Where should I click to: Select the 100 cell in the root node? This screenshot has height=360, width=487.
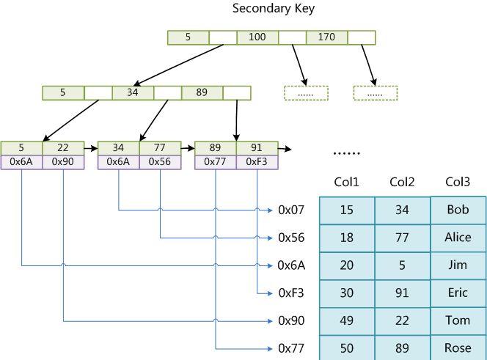tap(257, 37)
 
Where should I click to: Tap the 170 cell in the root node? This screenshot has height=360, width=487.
tap(326, 37)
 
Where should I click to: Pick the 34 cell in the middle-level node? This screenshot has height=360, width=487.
tap(133, 93)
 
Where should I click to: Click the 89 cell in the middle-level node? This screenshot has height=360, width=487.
tap(202, 93)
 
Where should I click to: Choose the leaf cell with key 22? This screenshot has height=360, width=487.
tap(63, 148)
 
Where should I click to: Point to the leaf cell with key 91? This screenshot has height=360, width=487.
tap(257, 148)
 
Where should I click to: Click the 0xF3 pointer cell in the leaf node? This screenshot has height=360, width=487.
tap(257, 162)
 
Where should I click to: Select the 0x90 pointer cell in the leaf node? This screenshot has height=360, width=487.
tap(63, 162)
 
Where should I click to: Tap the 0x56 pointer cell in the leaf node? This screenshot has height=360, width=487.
tap(160, 162)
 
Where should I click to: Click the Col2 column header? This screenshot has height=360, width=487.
tap(402, 182)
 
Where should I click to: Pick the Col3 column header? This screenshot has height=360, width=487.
tap(458, 182)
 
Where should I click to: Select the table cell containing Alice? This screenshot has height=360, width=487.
tap(458, 238)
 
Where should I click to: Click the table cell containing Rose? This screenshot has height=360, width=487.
tap(458, 348)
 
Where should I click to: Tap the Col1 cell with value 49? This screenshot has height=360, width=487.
tap(346, 320)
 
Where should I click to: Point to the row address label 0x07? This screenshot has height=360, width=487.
tap(290, 210)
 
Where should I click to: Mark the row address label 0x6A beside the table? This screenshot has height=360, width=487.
tap(290, 265)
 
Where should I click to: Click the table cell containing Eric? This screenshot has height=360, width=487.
tap(458, 293)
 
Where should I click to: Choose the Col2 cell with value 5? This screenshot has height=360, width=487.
tap(402, 265)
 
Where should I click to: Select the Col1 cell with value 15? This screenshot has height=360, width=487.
tap(346, 210)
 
